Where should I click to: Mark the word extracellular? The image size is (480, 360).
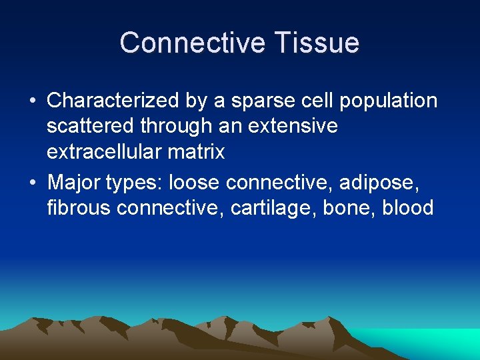tap(105, 152)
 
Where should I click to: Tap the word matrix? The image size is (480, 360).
tap(197, 152)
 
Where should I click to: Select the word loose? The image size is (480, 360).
tap(195, 181)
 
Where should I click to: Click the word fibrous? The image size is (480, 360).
tap(79, 207)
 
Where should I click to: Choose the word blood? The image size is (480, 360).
tap(408, 207)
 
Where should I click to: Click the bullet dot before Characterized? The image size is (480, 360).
tap(33, 101)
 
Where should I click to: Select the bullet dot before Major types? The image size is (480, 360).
tap(33, 182)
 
